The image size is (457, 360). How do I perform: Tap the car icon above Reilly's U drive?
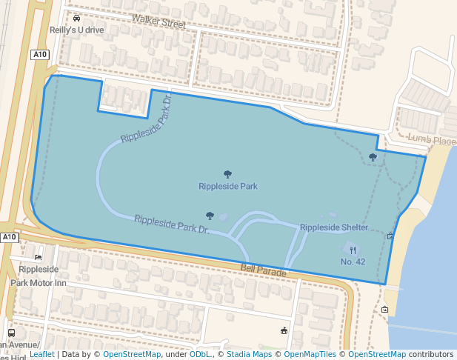pyautogui.click(x=77, y=18)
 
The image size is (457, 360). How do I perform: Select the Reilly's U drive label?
pyautogui.click(x=77, y=30)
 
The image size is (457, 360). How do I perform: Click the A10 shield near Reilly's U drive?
pyautogui.click(x=40, y=55)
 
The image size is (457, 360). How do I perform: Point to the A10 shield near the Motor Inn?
pyautogui.click(x=9, y=237)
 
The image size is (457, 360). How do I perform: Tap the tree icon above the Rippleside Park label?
pyautogui.click(x=227, y=174)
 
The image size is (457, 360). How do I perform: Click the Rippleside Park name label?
pyautogui.click(x=228, y=186)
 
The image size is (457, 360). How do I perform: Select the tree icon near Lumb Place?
pyautogui.click(x=373, y=157)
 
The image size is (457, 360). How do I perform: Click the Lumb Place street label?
pyautogui.click(x=432, y=139)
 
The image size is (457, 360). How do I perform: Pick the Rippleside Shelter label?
pyautogui.click(x=334, y=227)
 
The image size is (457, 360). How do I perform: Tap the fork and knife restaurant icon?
pyautogui.click(x=353, y=250)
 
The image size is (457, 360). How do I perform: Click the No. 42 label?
pyautogui.click(x=353, y=261)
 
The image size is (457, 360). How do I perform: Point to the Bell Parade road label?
pyautogui.click(x=263, y=273)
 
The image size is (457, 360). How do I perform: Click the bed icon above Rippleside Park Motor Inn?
pyautogui.click(x=38, y=257)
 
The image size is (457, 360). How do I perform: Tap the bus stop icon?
pyautogui.click(x=11, y=333)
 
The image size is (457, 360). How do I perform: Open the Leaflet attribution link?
pyautogui.click(x=41, y=354)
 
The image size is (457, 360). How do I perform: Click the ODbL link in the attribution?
pyautogui.click(x=200, y=354)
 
